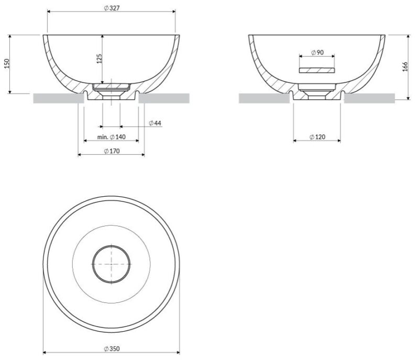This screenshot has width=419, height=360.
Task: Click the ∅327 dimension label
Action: coord(112,8)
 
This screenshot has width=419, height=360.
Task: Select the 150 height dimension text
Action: coord(7,63)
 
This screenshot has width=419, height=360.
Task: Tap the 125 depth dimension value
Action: coord(99,59)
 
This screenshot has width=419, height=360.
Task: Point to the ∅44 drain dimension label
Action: coord(155,123)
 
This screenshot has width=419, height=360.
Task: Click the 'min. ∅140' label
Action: coord(111,137)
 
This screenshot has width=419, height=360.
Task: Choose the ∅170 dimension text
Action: coord(112,151)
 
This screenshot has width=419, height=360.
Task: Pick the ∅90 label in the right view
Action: coord(317,52)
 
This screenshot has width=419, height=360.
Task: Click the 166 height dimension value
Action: coord(405,66)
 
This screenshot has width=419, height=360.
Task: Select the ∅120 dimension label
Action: coord(317,137)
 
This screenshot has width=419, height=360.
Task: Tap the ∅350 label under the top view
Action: coord(112,348)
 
